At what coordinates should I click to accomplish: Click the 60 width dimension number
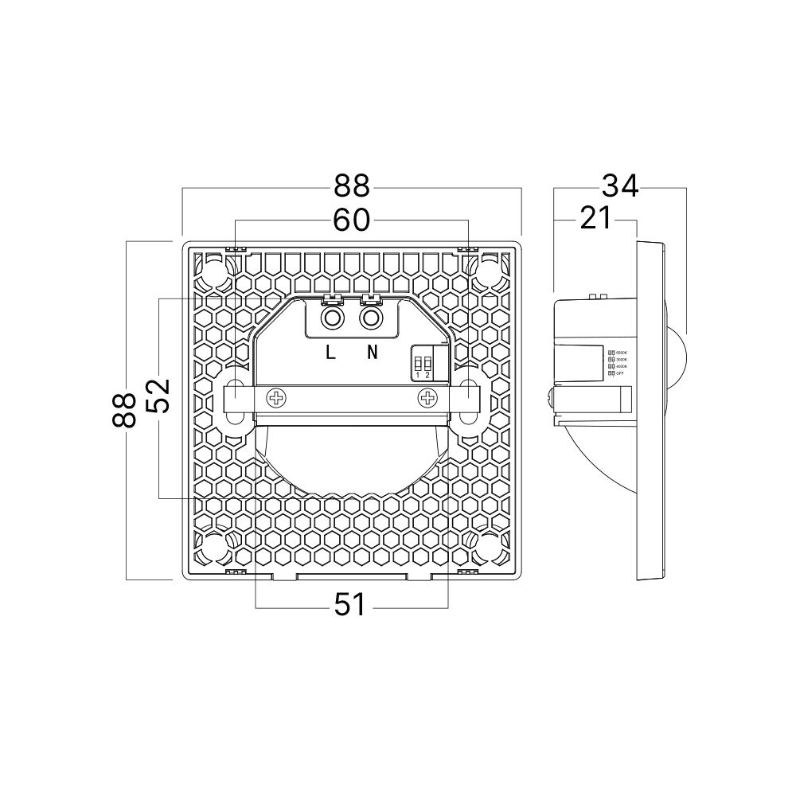pos(351,220)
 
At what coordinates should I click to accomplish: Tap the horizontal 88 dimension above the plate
pos(351,187)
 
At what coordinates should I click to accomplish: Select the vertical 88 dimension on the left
pos(126,409)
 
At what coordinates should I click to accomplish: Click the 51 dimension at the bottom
pos(350,606)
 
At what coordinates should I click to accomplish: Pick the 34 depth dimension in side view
pos(619,186)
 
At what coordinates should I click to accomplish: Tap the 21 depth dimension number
pos(595,218)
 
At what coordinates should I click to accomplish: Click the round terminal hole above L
pos(330,319)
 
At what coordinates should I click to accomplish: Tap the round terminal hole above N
pos(370,319)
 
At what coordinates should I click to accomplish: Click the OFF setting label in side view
pos(618,373)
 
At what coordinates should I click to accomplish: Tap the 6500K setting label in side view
pos(618,353)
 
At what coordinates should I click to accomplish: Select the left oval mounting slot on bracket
pos(235,398)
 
